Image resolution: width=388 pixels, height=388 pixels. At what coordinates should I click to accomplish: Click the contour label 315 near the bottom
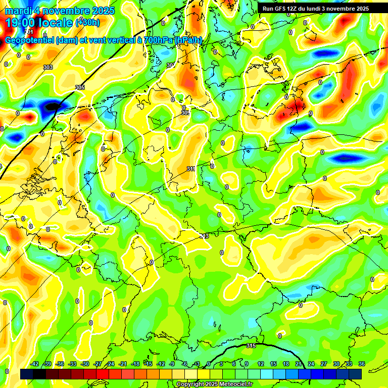[x=251, y=346]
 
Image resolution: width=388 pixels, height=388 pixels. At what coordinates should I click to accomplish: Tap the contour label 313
[x=204, y=236]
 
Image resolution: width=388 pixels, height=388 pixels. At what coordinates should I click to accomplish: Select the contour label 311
[x=191, y=169]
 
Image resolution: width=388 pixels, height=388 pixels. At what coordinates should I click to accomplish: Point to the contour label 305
[x=79, y=87]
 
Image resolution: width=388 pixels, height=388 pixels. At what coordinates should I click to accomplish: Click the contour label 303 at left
[x=48, y=67]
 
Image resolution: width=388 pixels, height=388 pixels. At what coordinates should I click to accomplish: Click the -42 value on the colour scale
[x=34, y=364]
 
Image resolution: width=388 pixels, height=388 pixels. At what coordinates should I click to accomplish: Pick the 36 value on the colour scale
[x=362, y=364]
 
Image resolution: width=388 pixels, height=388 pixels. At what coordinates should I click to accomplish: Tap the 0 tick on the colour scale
[x=208, y=364]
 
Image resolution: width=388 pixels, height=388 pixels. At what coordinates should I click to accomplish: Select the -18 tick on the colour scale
[x=135, y=364]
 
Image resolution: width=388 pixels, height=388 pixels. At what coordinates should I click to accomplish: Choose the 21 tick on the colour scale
[x=298, y=364]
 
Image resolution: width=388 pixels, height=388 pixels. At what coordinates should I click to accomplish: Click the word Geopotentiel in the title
[x=29, y=40]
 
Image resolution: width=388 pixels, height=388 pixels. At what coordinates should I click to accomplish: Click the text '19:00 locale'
[x=39, y=23]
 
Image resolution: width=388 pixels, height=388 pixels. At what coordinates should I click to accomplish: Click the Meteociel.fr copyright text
[x=214, y=384]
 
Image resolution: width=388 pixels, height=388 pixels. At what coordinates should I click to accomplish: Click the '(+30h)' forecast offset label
[x=87, y=23]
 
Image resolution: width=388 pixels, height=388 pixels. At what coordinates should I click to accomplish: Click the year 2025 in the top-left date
[x=101, y=11]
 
